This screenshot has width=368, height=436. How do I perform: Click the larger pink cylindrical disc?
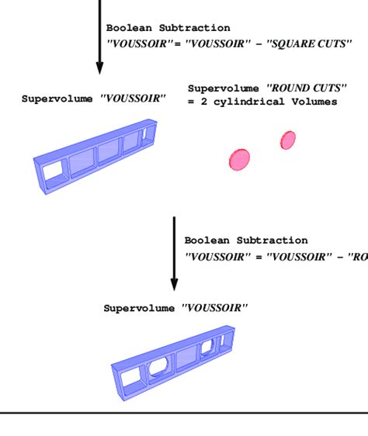coord(239,159)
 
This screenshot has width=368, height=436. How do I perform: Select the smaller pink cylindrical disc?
coord(288,140)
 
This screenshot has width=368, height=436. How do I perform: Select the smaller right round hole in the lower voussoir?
coord(207,346)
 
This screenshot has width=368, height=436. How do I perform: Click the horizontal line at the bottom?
coord(184,413)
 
